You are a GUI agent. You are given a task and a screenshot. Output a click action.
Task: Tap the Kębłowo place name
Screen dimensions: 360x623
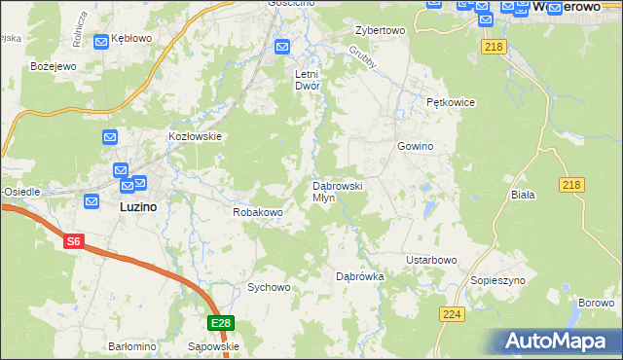click(x=131, y=41)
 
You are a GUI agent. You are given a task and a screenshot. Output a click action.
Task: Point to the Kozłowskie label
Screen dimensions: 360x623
click(x=196, y=137)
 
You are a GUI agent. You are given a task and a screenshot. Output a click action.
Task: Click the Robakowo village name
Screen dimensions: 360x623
click(x=257, y=211)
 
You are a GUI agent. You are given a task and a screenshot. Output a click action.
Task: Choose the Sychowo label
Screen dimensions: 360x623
click(x=269, y=287)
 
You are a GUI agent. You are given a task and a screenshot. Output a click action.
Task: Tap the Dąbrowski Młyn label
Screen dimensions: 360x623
click(x=337, y=191)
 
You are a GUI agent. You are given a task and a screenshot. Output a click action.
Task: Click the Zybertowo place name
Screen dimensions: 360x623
click(x=380, y=31)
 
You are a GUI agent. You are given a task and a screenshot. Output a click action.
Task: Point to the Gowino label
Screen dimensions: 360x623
click(x=414, y=146)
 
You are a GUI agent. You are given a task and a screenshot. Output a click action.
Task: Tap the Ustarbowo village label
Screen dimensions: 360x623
click(x=431, y=260)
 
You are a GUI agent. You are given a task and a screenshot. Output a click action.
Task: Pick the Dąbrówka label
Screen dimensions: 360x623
click(x=360, y=276)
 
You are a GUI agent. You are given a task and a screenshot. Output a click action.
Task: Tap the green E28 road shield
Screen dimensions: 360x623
click(x=221, y=323)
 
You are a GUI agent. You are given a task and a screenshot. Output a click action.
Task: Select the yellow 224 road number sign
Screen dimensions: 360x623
click(x=451, y=313)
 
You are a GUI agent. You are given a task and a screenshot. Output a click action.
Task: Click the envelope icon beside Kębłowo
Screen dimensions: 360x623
click(x=101, y=42)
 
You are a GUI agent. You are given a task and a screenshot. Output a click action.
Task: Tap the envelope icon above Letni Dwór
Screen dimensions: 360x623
click(x=282, y=46)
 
